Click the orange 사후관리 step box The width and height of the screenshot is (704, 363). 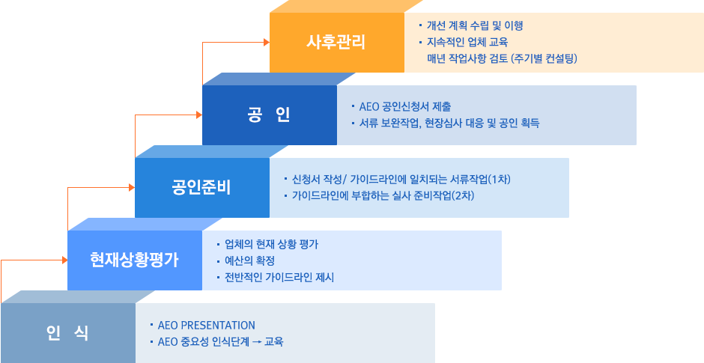pyautogui.click(x=337, y=42)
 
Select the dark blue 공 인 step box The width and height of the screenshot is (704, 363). pyautogui.click(x=270, y=115)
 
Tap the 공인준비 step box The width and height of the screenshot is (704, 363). pyautogui.click(x=202, y=188)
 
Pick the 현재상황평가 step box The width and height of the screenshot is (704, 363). pyautogui.click(x=135, y=260)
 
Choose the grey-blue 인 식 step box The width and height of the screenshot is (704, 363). pyautogui.click(x=68, y=333)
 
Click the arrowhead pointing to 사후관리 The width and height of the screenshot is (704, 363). pyautogui.click(x=267, y=42)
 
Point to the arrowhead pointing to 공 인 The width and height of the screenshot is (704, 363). pyautogui.click(x=199, y=115)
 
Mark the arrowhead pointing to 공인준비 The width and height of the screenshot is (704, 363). pyautogui.click(x=132, y=188)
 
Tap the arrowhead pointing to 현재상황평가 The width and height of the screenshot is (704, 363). pyautogui.click(x=64, y=260)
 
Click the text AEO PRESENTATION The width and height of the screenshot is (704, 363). pyautogui.click(x=207, y=325)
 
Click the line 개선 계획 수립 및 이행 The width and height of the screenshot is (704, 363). pyautogui.click(x=475, y=25)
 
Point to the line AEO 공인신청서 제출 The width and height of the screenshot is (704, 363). pyautogui.click(x=405, y=107)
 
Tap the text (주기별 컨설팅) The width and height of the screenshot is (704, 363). pyautogui.click(x=544, y=58)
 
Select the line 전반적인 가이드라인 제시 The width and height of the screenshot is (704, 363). pyautogui.click(x=279, y=277)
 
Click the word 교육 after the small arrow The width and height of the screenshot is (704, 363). pyautogui.click(x=274, y=342)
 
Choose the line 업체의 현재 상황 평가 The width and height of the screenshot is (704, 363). pyautogui.click(x=272, y=245)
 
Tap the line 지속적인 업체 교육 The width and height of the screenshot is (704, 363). pyautogui.click(x=467, y=42)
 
